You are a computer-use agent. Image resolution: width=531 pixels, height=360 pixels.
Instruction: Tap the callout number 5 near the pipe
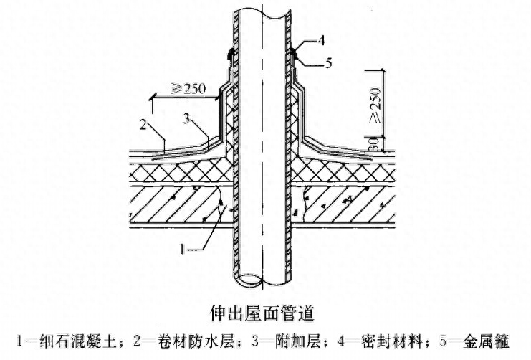328,64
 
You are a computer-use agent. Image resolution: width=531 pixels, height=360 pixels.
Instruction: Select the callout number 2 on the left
143,125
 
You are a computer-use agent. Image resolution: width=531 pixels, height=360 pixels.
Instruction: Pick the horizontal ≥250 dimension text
188,89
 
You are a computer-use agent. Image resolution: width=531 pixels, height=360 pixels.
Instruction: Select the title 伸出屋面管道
265,313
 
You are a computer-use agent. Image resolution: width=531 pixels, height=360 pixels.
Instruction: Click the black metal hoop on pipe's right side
294,51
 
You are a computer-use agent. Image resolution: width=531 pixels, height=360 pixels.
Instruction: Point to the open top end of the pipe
262,9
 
